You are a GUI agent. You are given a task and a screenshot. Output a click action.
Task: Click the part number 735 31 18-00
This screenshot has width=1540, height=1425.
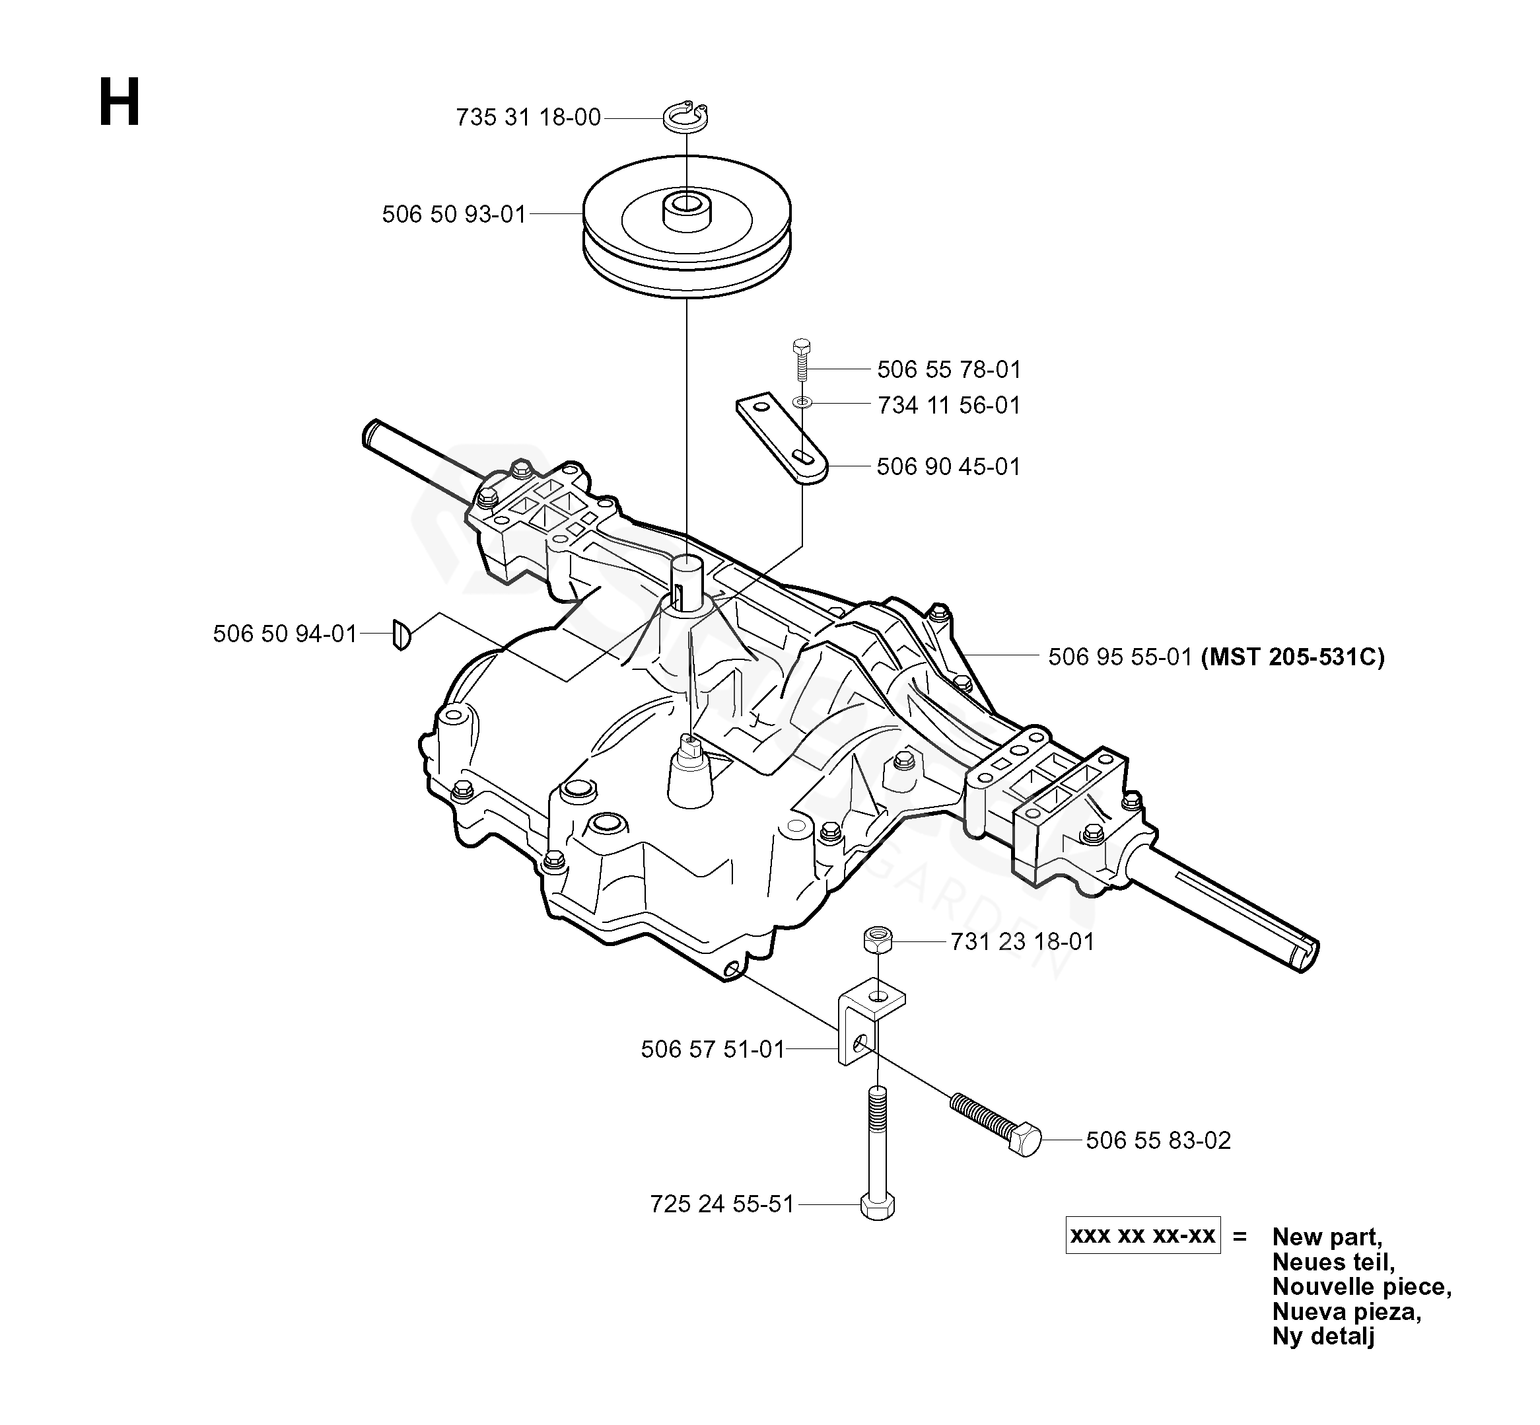[528, 117]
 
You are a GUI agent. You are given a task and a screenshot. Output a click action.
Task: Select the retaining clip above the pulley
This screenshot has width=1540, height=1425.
[685, 117]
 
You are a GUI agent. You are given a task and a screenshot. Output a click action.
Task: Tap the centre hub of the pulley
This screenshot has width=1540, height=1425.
[685, 206]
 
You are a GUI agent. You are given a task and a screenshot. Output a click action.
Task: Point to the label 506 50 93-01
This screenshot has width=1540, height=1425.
[454, 213]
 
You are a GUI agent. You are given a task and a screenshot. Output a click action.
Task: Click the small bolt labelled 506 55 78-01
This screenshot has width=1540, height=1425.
[802, 360]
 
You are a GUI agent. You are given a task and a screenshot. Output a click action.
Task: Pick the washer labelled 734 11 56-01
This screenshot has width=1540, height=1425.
[802, 402]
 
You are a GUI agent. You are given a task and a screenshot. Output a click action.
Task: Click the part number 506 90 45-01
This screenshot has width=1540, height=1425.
[948, 466]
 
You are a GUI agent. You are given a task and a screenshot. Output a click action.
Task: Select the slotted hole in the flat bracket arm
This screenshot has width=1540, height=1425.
[806, 458]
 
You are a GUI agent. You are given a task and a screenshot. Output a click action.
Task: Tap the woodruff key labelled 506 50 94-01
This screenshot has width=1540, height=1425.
[401, 634]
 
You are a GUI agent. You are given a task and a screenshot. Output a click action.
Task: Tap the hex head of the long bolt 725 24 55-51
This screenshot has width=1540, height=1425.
[877, 1207]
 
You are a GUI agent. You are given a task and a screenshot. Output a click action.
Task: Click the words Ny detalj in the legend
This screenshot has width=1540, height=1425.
[1323, 1336]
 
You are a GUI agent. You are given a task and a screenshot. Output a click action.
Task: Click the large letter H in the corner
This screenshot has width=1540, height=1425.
[120, 102]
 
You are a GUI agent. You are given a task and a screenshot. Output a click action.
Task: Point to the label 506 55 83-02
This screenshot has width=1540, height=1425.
[1158, 1140]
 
